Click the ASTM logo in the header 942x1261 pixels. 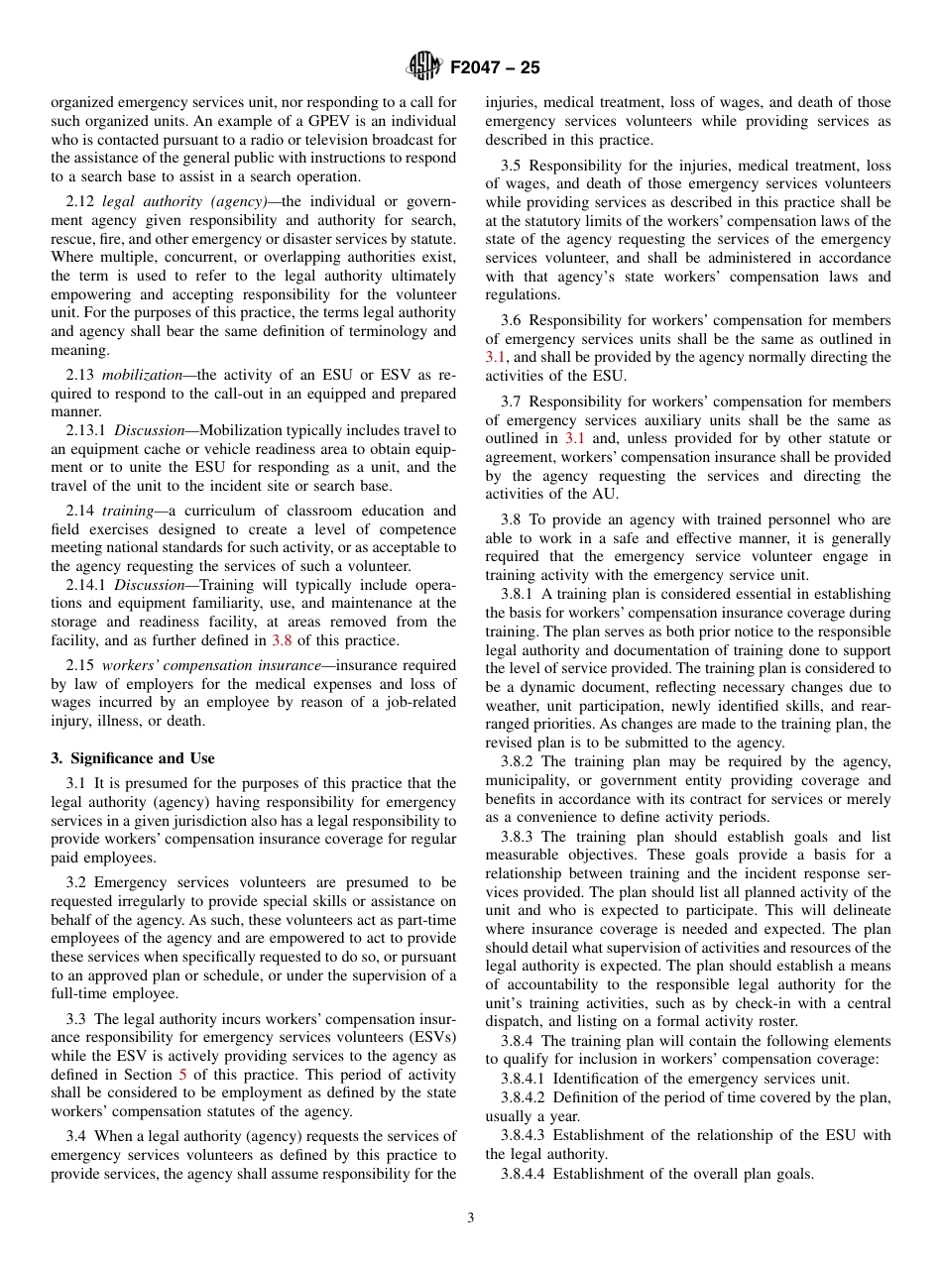423,67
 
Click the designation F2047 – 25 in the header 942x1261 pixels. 494,68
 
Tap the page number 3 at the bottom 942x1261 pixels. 471,1218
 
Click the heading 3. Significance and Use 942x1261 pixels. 133,758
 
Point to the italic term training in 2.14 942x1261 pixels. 129,511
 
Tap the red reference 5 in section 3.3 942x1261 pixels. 182,1074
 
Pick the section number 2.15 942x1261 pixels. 81,665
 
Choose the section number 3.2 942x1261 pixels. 77,882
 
